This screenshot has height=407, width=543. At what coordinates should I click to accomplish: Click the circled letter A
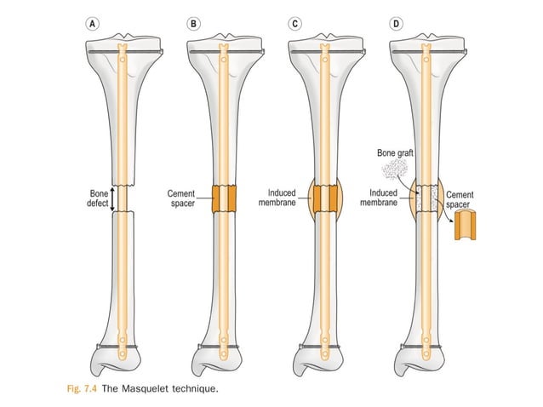(92, 24)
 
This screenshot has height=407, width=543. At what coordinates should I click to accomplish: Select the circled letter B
(193, 24)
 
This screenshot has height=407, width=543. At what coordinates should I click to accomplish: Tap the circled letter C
(294, 24)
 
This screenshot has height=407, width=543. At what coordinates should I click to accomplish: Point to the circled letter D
(396, 24)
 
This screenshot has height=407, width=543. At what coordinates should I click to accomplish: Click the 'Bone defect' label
(98, 198)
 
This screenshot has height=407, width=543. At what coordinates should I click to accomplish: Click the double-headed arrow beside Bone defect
(112, 199)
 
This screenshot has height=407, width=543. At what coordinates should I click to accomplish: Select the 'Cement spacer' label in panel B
(181, 198)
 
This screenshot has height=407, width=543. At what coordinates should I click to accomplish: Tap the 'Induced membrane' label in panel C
(277, 198)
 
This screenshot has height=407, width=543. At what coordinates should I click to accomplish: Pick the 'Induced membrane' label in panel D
(379, 198)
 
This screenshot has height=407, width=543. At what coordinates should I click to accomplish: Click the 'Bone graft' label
(395, 152)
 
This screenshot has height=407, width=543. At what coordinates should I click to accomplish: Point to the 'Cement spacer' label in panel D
(460, 199)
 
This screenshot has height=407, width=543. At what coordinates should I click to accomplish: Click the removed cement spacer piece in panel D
(465, 225)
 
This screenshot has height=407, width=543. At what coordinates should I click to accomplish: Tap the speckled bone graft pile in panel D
(394, 169)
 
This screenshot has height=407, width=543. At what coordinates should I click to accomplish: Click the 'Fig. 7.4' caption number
(82, 388)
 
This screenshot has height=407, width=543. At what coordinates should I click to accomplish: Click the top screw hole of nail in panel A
(123, 60)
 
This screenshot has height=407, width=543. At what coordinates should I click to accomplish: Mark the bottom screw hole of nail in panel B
(224, 354)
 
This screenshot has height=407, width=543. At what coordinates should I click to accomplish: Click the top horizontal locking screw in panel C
(329, 52)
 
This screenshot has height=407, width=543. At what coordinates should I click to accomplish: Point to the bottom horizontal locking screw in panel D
(421, 347)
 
